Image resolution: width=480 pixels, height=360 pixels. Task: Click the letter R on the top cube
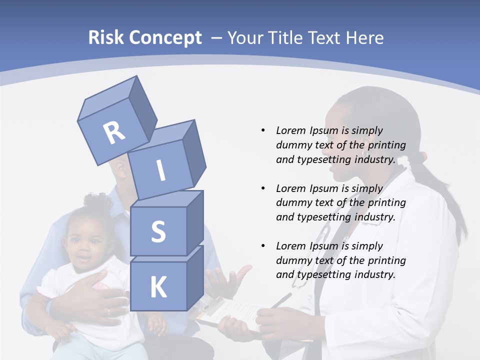click(114, 133)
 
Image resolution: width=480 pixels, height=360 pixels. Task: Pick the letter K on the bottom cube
click(158, 287)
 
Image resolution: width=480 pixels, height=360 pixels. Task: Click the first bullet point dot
click(263, 130)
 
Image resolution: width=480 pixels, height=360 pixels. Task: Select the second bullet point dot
click(263, 188)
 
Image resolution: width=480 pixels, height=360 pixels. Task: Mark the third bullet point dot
click(263, 246)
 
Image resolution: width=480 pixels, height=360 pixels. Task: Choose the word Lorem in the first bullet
click(290, 130)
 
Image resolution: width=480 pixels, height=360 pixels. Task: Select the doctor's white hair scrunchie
click(416, 159)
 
